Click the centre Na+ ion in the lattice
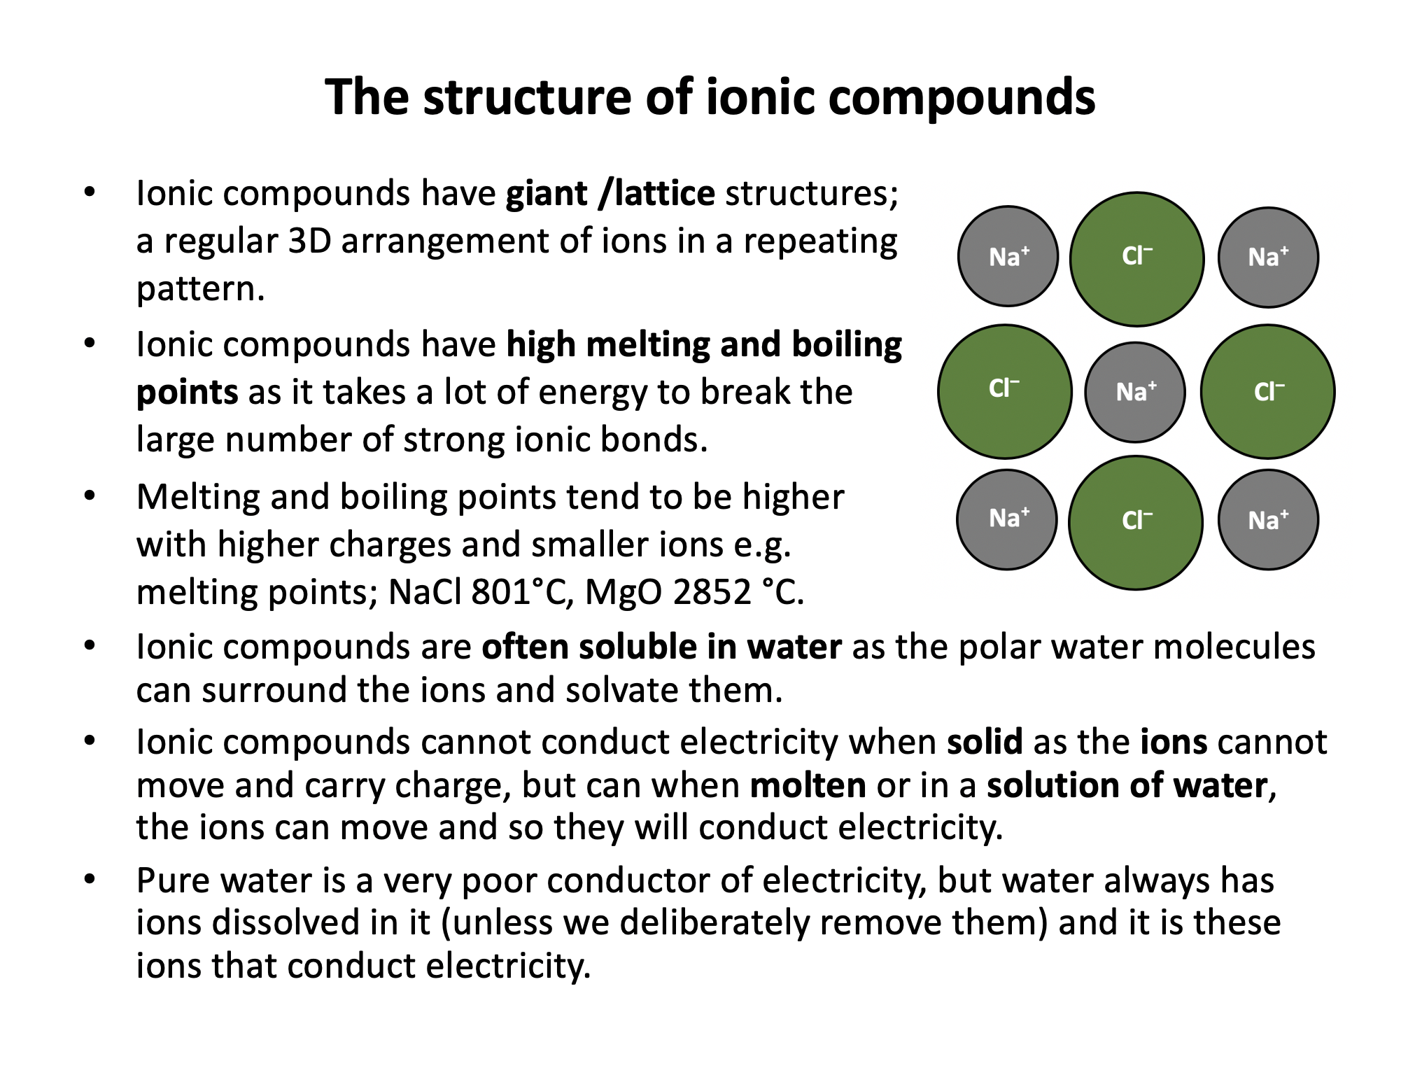[x=1134, y=392]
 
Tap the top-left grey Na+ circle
[x=1008, y=256]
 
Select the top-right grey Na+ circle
[x=1268, y=257]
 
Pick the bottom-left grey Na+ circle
[x=1007, y=519]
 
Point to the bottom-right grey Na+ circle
[x=1268, y=519]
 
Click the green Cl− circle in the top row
[x=1136, y=259]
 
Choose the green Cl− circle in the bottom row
[x=1136, y=522]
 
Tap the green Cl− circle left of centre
[x=1004, y=391]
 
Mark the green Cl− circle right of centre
[x=1267, y=391]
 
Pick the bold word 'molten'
[x=808, y=785]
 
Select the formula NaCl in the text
[x=425, y=592]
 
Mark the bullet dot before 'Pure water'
[x=89, y=879]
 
